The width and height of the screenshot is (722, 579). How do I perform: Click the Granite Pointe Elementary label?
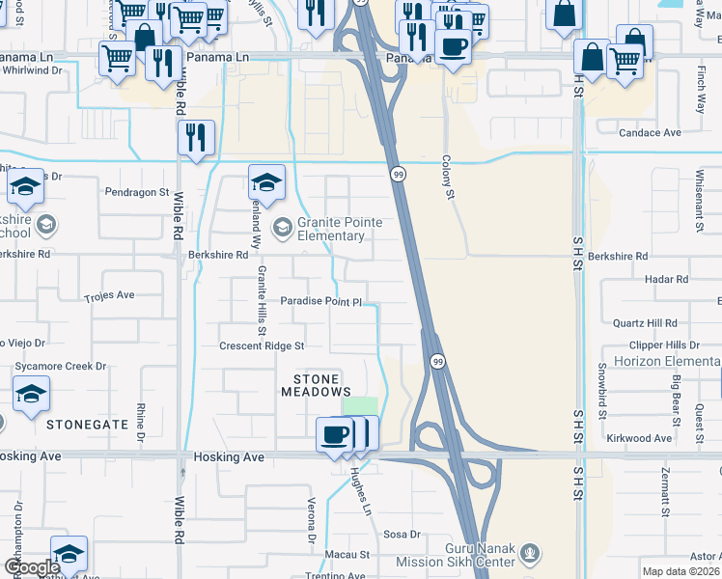coord(340,230)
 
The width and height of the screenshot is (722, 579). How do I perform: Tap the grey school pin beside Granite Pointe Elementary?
coord(283,228)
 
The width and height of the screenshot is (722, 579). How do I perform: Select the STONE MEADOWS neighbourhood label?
coord(316,385)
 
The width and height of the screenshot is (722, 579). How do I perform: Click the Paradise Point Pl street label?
coord(320,302)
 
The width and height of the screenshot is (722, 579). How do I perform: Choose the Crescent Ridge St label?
coord(262,345)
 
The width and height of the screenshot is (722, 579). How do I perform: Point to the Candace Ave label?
coord(651,132)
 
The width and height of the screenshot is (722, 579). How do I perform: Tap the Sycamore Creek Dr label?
coord(60,367)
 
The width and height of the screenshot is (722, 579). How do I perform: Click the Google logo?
coord(31,567)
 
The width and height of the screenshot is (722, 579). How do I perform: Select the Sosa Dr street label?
coord(403,534)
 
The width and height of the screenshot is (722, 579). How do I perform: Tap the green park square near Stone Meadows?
coord(360,406)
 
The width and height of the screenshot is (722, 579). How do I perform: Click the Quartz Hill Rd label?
coord(645,323)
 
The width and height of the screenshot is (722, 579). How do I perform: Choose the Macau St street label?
coord(350,555)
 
